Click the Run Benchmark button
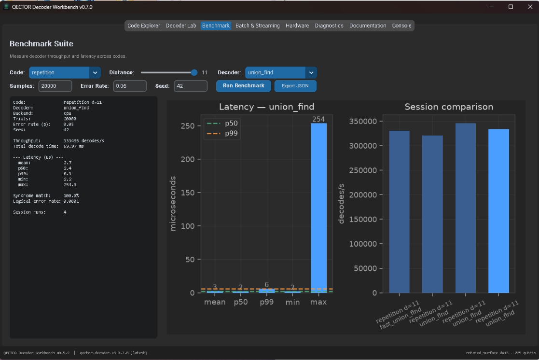point(243,85)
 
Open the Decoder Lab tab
point(181,26)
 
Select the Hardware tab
point(297,26)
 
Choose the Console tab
point(401,26)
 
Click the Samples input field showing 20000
point(55,86)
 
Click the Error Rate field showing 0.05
point(130,86)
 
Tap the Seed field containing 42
point(191,86)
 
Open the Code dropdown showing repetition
point(65,72)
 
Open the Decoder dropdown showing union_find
point(281,72)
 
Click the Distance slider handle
point(194,72)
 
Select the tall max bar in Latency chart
point(318,208)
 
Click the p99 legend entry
point(223,133)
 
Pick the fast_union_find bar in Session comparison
point(400,212)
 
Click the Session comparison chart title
point(449,107)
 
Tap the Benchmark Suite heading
point(41,43)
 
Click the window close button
point(530,7)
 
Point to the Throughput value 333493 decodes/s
point(84,140)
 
